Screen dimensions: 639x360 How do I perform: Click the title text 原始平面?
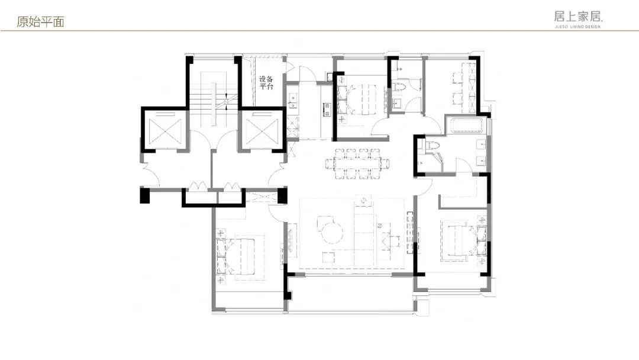pyautogui.click(x=40, y=21)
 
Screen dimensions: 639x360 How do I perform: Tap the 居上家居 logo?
pyautogui.click(x=578, y=19)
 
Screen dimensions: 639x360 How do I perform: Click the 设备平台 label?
pyautogui.click(x=266, y=82)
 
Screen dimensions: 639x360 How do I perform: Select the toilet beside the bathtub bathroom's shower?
pyautogui.click(x=432, y=146)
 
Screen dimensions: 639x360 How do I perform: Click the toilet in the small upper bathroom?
pyautogui.click(x=398, y=86)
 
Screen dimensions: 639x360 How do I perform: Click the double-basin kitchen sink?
pyautogui.click(x=293, y=101)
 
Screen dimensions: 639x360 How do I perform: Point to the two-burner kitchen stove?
pyautogui.click(x=327, y=109)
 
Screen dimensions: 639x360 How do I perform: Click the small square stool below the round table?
pyautogui.click(x=328, y=258)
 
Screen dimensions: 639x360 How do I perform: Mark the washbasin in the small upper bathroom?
pyautogui.click(x=398, y=102)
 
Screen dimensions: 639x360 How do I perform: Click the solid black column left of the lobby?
pyautogui.click(x=145, y=195)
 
